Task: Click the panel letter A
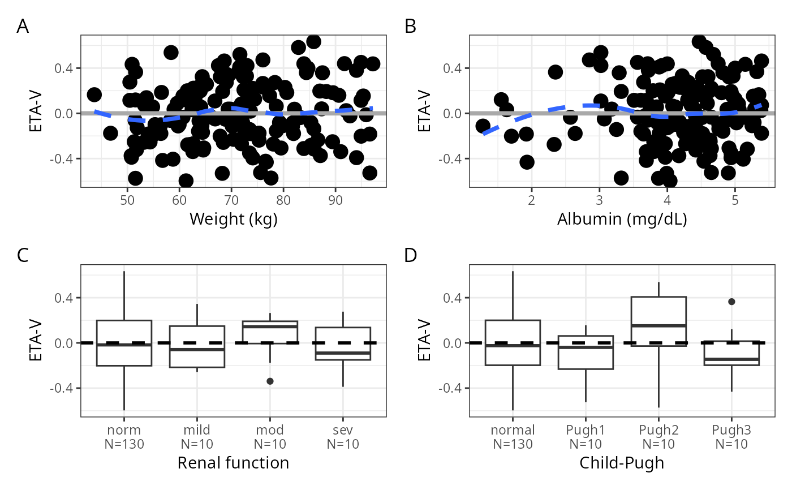pos(23,27)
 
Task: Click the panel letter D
pos(411,256)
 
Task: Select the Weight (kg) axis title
pos(233,218)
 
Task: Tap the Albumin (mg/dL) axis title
pos(621,218)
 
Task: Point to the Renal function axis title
pos(233,463)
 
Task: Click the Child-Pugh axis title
pos(621,463)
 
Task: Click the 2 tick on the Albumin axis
pos(531,200)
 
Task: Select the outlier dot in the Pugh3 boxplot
pos(731,302)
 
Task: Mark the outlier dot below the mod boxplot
pos(270,381)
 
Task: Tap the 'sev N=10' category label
pos(343,437)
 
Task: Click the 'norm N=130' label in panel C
pos(124,437)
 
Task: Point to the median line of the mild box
pos(197,350)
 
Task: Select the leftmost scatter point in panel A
pos(94,94)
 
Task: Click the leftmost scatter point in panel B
pos(483,126)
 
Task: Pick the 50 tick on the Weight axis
pos(128,200)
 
